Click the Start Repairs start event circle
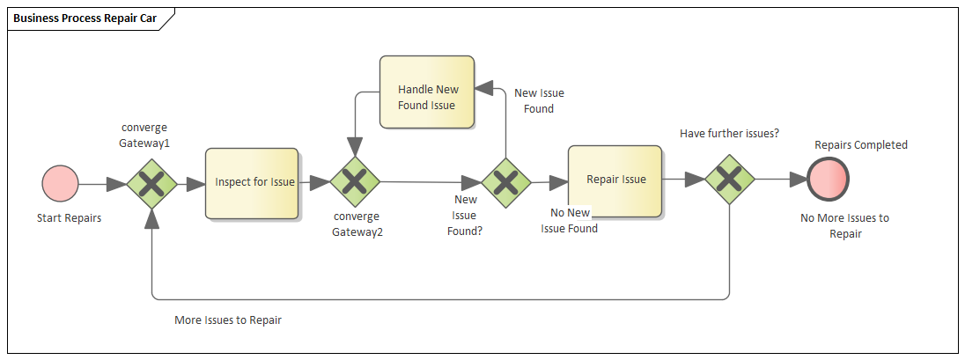tap(60, 184)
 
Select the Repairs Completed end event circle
tap(829, 180)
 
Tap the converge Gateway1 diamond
tap(152, 184)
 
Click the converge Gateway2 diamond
tap(354, 182)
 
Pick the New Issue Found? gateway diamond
tap(505, 183)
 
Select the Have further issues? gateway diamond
tap(730, 180)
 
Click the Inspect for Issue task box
tap(252, 183)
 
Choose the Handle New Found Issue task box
tap(427, 98)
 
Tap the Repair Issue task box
tap(615, 180)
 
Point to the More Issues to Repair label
tap(228, 320)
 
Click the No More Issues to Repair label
tap(843, 226)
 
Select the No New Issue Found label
tap(569, 221)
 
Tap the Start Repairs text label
tap(69, 218)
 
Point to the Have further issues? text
tap(730, 133)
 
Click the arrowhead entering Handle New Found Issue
tap(483, 87)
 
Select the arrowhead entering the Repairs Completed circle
tap(798, 180)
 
